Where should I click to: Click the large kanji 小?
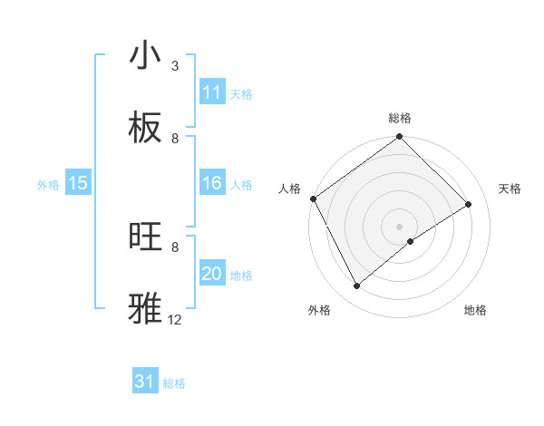click(x=145, y=56)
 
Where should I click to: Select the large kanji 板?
click(x=145, y=129)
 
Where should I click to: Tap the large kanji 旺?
click(x=145, y=237)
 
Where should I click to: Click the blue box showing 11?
click(x=212, y=92)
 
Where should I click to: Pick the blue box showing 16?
click(x=212, y=184)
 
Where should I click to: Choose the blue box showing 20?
click(x=212, y=274)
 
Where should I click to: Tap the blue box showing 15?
click(x=78, y=184)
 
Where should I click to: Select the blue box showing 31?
click(x=145, y=382)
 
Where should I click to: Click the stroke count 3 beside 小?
click(x=175, y=66)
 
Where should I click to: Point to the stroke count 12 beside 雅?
click(x=175, y=320)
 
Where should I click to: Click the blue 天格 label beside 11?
click(x=241, y=93)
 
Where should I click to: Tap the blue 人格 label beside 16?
click(x=241, y=185)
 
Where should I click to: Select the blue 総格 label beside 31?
click(x=174, y=382)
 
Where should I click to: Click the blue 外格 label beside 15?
click(x=48, y=185)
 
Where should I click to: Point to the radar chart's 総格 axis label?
click(x=400, y=118)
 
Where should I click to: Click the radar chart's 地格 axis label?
click(x=475, y=310)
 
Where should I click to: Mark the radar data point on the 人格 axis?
click(x=313, y=198)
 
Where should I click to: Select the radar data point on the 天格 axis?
click(x=469, y=205)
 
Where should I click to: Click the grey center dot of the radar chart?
click(x=400, y=227)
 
